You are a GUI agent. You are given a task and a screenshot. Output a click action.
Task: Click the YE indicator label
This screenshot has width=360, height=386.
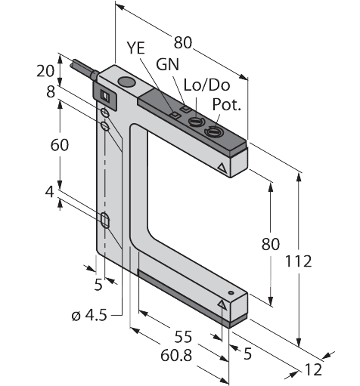pyautogui.click(x=136, y=48)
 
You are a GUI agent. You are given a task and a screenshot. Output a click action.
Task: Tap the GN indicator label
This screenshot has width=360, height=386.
pyautogui.click(x=167, y=64)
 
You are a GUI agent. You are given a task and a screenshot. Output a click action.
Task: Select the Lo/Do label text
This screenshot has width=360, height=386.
pyautogui.click(x=206, y=85)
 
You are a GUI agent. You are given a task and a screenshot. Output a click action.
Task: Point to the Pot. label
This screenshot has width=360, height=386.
pyautogui.click(x=227, y=104)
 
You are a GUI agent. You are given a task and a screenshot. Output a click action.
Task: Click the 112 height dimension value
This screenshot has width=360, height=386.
pyautogui.click(x=298, y=261)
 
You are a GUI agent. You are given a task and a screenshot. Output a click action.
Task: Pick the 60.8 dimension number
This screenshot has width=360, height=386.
pyautogui.click(x=176, y=356)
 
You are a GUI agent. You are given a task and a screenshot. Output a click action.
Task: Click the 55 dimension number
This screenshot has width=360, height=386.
pyautogui.click(x=183, y=337)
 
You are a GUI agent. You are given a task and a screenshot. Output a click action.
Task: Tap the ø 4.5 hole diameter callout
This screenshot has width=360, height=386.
pyautogui.click(x=89, y=315)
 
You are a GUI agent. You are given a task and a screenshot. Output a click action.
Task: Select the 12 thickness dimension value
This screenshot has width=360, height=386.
pyautogui.click(x=314, y=369)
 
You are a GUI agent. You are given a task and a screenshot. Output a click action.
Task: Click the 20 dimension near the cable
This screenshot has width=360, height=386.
pyautogui.click(x=45, y=71)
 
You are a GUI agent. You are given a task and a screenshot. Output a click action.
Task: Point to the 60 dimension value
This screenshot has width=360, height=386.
pyautogui.click(x=60, y=145)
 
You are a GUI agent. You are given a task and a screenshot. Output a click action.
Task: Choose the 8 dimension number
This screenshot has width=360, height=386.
pyautogui.click(x=51, y=92)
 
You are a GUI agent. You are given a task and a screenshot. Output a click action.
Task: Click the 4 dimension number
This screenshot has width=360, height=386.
pyautogui.click(x=50, y=193)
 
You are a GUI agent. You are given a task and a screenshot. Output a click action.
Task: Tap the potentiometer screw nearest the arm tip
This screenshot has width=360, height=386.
pyautogui.click(x=213, y=131)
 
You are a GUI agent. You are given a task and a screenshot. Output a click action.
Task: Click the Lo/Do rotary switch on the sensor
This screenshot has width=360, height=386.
pyautogui.click(x=196, y=122)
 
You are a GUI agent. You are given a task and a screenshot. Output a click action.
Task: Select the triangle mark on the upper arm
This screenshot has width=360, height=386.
pyautogui.click(x=222, y=168)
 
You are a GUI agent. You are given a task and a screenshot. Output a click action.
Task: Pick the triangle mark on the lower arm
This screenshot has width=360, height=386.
pyautogui.click(x=222, y=304)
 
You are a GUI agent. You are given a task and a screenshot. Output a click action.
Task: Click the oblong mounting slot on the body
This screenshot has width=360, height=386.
pyautogui.click(x=105, y=221)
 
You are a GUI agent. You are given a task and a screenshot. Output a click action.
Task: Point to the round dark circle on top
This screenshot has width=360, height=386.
pyautogui.click(x=126, y=82)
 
